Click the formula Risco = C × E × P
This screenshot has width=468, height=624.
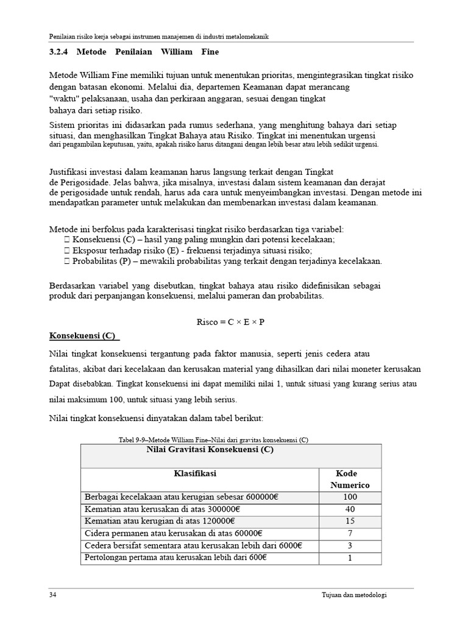coord(230,322)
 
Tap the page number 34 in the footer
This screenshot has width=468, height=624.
coord(53,595)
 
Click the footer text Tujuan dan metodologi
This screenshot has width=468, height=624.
coord(354,595)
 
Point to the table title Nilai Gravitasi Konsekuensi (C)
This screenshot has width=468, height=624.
coord(210,450)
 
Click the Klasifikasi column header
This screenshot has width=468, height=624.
coord(195,473)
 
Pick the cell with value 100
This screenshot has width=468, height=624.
coord(350,497)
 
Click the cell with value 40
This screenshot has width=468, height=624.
coord(350,509)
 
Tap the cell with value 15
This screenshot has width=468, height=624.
coord(350,522)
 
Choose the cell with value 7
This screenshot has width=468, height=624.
coord(350,534)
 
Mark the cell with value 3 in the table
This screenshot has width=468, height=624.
coord(350,546)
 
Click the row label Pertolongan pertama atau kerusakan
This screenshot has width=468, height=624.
coord(175,558)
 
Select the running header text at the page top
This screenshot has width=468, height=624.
coord(159,37)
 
